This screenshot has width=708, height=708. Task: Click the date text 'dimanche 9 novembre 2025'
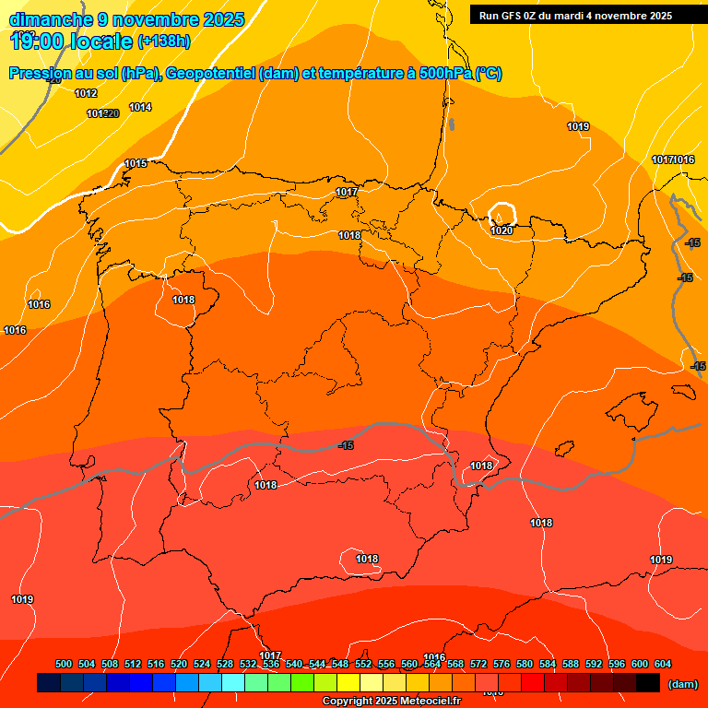pos(126,19)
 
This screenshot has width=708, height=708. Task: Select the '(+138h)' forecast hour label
pos(164,41)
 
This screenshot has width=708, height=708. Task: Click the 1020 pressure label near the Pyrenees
pos(501,230)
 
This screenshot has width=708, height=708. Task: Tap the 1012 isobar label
pos(86,93)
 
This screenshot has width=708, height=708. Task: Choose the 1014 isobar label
pos(140,108)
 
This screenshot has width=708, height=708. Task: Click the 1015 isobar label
pos(136,163)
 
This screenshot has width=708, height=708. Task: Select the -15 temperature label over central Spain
pos(346,445)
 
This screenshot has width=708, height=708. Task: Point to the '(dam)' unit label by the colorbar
pos(682,684)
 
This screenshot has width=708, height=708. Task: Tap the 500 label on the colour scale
pos(64,664)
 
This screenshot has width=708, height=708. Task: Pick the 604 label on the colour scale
pos(662,664)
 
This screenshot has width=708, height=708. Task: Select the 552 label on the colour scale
pos(363,664)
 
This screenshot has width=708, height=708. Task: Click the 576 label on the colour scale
pos(501,664)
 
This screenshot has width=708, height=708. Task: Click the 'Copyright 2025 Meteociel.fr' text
pos(391,702)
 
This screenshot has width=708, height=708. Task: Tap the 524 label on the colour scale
pos(202,664)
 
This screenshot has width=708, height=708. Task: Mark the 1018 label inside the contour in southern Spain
pos(367,559)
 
